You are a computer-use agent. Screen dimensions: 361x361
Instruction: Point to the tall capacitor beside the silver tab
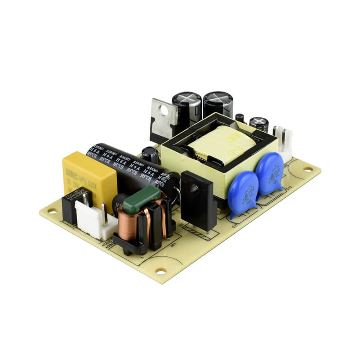pyautogui.click(x=186, y=108)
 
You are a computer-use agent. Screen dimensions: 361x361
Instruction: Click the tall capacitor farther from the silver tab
pyautogui.click(x=218, y=105)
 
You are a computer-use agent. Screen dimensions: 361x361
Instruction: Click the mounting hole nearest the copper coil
pyautogui.click(x=160, y=271)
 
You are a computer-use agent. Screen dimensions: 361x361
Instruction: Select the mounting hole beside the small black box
pyautogui.click(x=51, y=210)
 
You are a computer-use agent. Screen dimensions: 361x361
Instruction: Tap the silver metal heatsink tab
pyautogui.click(x=162, y=118)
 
